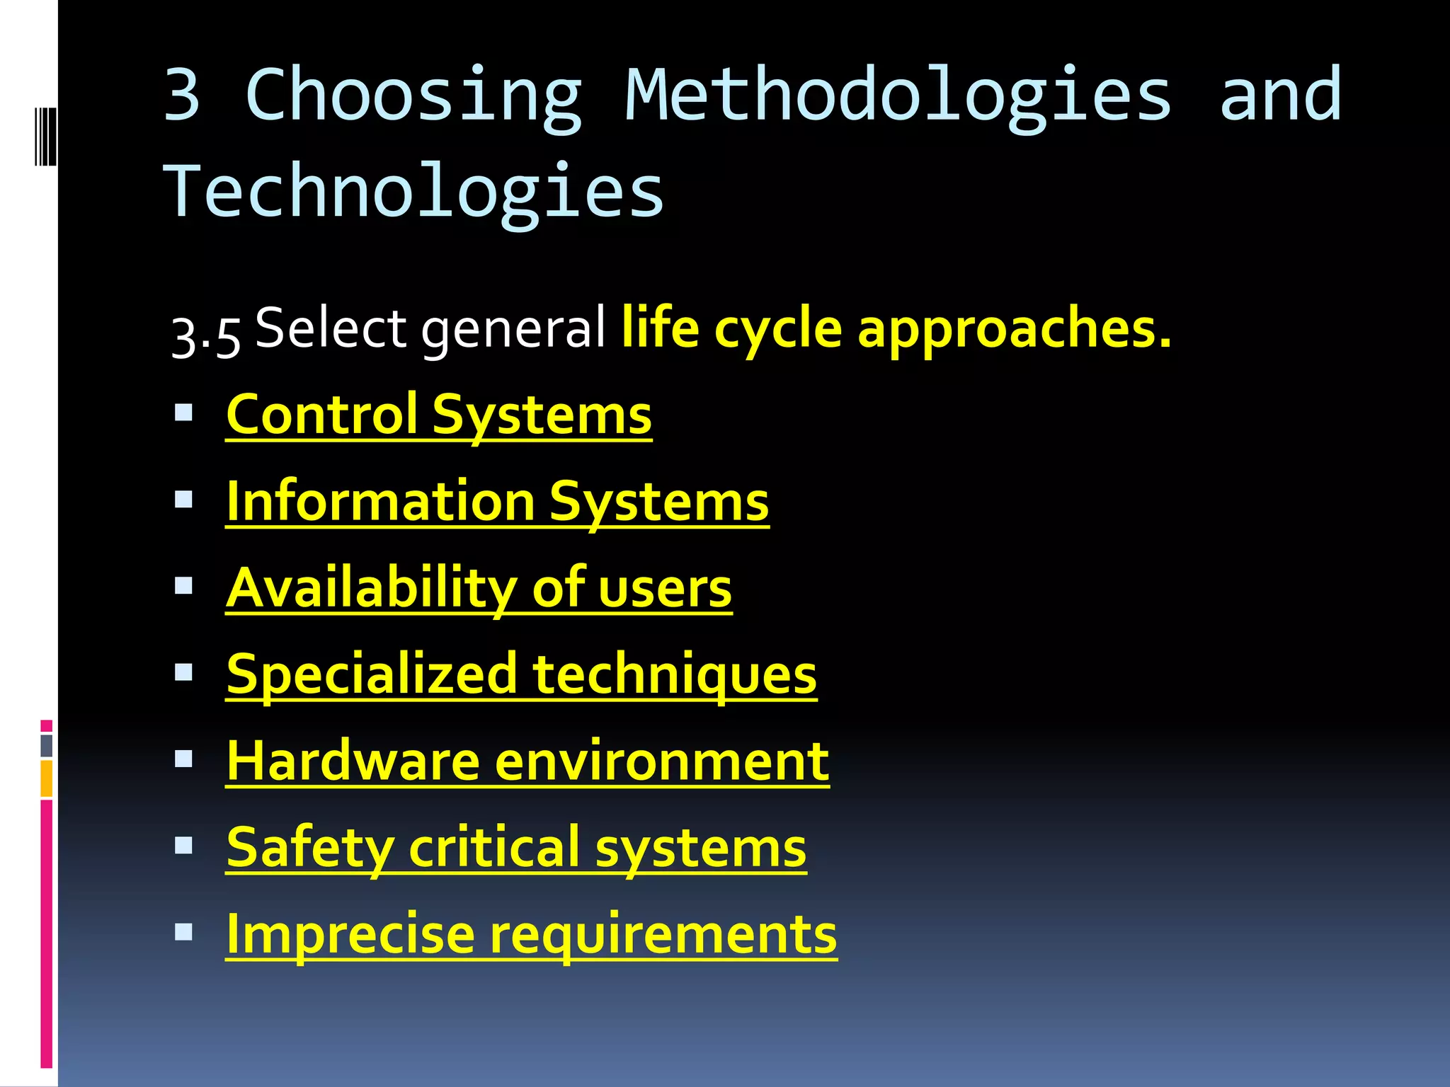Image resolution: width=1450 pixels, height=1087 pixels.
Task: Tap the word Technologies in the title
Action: coord(414,191)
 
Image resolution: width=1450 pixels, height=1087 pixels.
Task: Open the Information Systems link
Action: coord(497,502)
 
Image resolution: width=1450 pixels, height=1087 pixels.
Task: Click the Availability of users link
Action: coord(479,588)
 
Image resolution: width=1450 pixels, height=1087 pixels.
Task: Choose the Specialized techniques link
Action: coord(521,674)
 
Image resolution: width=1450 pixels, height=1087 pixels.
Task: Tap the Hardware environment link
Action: coord(527,761)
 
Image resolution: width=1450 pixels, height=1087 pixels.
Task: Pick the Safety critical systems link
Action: coord(516,848)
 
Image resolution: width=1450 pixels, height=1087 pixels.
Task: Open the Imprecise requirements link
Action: coord(531,935)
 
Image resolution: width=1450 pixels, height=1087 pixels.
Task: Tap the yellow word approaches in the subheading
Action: coord(1014,329)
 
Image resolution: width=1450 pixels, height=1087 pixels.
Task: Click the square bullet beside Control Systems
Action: coord(184,413)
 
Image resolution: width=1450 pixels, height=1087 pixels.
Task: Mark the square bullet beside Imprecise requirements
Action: coord(184,932)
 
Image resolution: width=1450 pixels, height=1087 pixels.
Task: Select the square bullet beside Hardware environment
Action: coord(184,759)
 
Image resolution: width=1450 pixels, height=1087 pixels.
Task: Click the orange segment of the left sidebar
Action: coord(47,778)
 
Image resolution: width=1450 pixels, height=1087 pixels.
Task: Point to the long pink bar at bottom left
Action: coord(47,934)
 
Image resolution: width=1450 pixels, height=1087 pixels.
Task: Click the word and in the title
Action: coord(1279,96)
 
